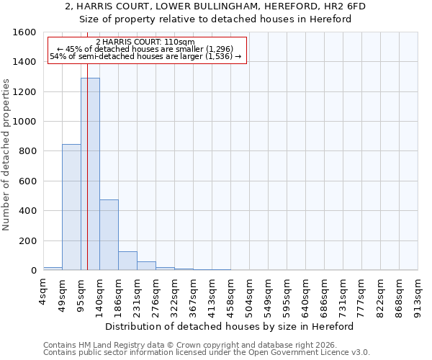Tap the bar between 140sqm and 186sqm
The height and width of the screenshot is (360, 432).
coord(109,235)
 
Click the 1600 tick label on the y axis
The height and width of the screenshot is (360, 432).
coord(24,32)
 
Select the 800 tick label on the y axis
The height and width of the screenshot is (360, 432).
coord(27,151)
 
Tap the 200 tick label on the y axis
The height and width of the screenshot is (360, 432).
coord(27,240)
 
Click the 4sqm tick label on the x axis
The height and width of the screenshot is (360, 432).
coord(44,288)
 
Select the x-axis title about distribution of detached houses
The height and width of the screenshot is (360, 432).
coord(230,326)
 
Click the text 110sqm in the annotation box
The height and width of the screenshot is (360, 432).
coord(181,42)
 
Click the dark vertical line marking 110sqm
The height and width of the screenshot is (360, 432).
coord(87,180)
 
